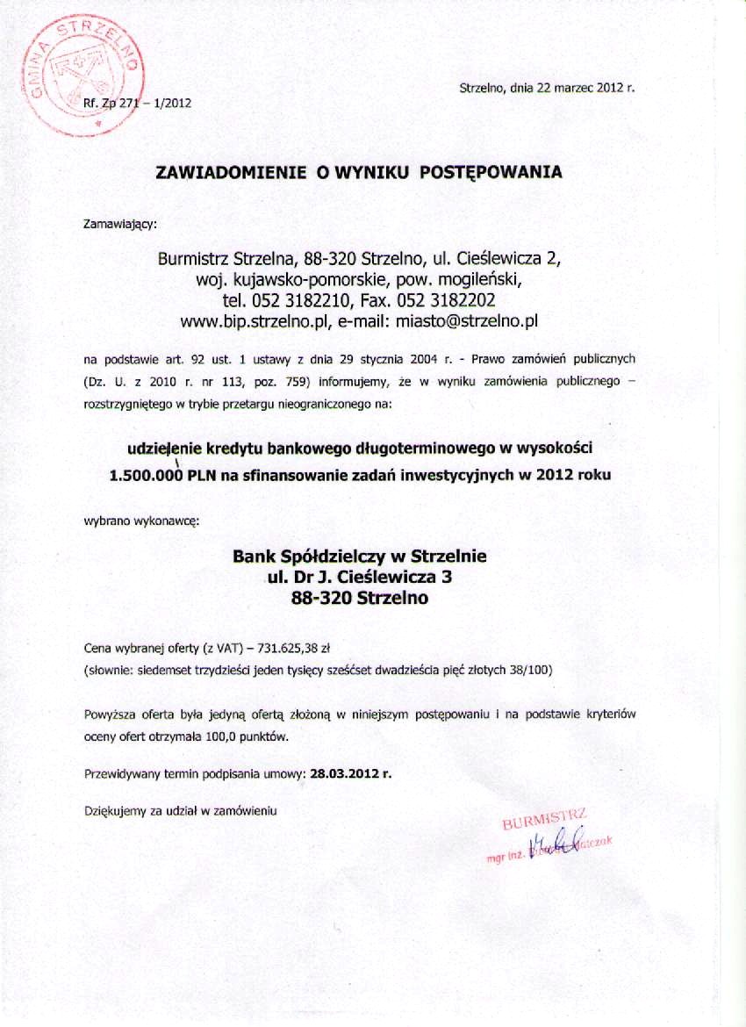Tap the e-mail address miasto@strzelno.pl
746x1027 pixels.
466,321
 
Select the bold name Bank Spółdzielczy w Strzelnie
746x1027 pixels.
359,557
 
